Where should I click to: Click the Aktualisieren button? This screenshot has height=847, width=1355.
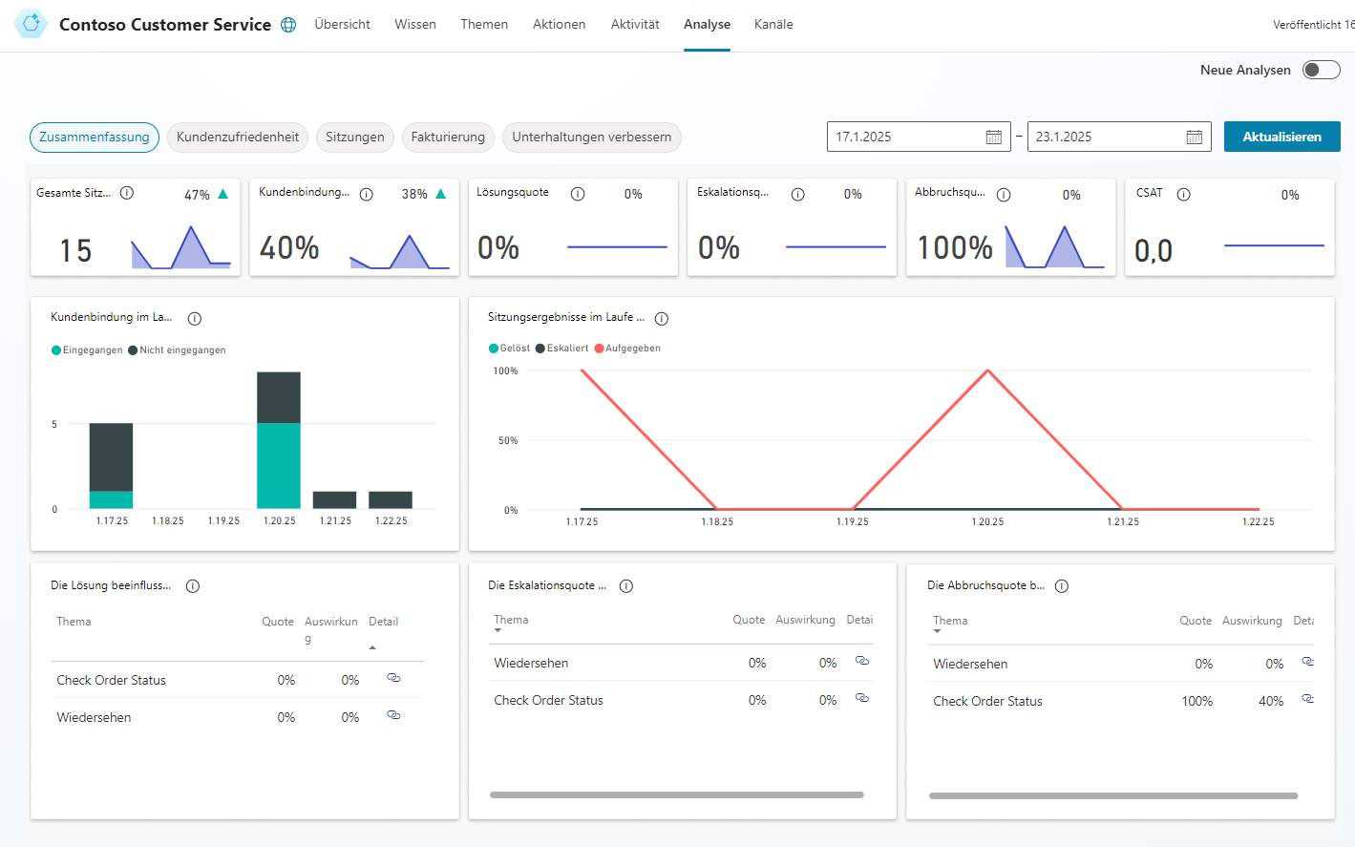[x=1281, y=137]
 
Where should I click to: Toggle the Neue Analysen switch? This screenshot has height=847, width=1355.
[x=1321, y=70]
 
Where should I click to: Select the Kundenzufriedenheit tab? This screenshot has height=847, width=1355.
[x=238, y=137]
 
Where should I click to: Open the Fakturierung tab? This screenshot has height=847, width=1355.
[x=448, y=137]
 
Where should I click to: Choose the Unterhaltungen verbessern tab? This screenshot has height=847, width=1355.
[x=591, y=137]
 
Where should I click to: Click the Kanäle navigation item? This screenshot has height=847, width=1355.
[x=773, y=24]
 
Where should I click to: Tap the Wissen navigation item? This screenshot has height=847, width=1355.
[x=415, y=24]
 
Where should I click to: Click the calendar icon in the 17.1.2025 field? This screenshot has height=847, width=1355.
[x=993, y=138]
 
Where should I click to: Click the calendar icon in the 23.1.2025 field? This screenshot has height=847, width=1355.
[x=1194, y=138]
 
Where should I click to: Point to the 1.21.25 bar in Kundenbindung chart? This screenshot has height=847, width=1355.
[x=334, y=499]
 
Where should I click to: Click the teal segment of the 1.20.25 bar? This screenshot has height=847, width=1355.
[x=279, y=466]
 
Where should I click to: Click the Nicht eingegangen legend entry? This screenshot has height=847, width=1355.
[x=182, y=350]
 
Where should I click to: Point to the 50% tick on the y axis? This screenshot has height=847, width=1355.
[x=508, y=440]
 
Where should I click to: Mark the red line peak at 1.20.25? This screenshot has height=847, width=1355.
[x=987, y=371]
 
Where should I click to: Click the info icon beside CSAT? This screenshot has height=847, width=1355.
[x=1183, y=194]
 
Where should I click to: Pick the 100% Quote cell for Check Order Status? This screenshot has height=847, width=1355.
[x=1196, y=701]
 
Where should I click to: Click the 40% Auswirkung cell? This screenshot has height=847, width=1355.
[x=1270, y=701]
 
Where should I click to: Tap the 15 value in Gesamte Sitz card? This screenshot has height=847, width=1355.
[x=75, y=250]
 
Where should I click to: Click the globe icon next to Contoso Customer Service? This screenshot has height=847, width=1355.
[x=288, y=25]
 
